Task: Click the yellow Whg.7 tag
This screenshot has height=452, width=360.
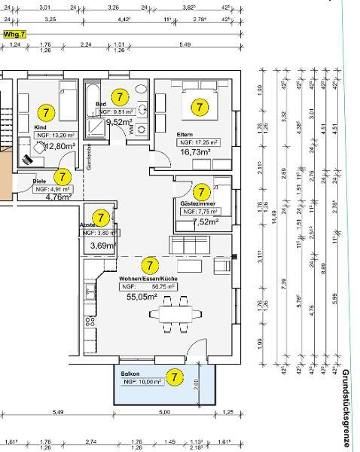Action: click(14, 35)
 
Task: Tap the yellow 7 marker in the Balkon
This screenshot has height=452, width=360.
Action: click(175, 377)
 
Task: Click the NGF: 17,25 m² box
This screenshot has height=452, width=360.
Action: click(198, 142)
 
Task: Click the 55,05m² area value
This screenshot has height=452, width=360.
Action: click(142, 297)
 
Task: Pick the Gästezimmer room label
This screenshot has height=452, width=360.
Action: click(197, 203)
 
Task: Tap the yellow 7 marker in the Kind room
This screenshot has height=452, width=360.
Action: click(46, 113)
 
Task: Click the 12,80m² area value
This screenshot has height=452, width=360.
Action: click(59, 146)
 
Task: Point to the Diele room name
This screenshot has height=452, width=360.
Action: click(39, 182)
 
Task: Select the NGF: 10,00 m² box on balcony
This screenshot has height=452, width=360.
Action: click(141, 382)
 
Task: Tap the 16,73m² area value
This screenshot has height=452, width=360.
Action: click(195, 151)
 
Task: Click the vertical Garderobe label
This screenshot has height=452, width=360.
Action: click(88, 157)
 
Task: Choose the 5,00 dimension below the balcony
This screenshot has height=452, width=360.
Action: click(164, 412)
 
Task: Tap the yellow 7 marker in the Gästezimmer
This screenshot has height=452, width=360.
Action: click(202, 192)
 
